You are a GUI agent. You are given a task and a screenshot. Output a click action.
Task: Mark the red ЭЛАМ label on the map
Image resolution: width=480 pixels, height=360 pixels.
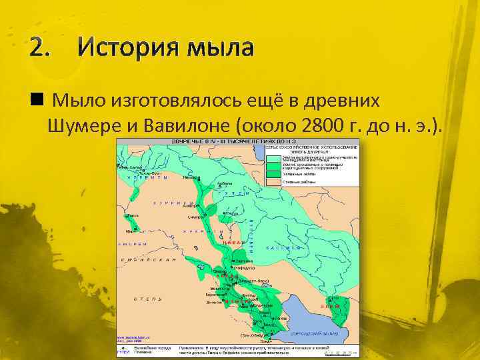click(329, 305)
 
